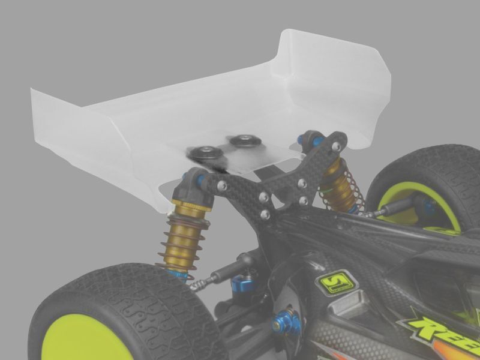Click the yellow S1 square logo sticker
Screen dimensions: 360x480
point(334,283)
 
